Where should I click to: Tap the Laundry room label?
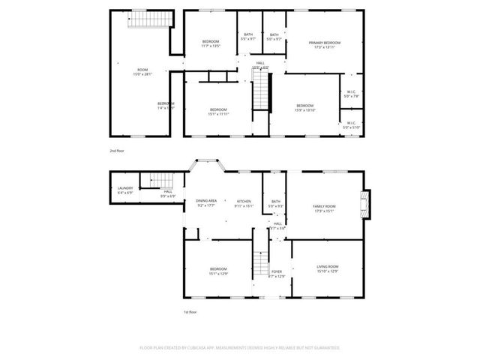[x=125, y=189]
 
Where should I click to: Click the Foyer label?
[x=277, y=273]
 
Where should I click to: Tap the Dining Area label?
[x=206, y=202]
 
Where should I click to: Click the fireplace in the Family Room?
[x=365, y=204]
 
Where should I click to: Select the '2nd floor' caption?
[x=116, y=151]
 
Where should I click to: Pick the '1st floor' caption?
[x=190, y=311]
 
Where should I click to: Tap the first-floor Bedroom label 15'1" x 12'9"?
[x=218, y=271]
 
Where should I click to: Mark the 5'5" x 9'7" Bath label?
[x=248, y=37]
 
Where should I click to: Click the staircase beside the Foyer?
[x=259, y=262]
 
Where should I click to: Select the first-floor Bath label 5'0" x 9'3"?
[x=276, y=202]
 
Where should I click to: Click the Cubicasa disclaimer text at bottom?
[x=240, y=348]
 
